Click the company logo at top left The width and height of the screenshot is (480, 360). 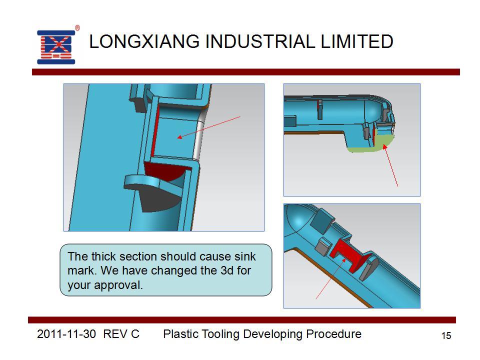click(56, 47)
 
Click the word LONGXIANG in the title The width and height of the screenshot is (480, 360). click(144, 41)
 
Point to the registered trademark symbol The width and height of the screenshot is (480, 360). click(77, 28)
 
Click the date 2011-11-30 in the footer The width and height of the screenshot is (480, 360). click(66, 333)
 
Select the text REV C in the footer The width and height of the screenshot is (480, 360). click(121, 333)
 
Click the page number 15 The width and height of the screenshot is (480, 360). click(446, 335)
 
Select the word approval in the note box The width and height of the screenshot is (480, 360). click(118, 285)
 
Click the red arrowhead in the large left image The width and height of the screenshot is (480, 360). click(180, 137)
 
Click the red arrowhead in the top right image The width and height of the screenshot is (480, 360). click(385, 147)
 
